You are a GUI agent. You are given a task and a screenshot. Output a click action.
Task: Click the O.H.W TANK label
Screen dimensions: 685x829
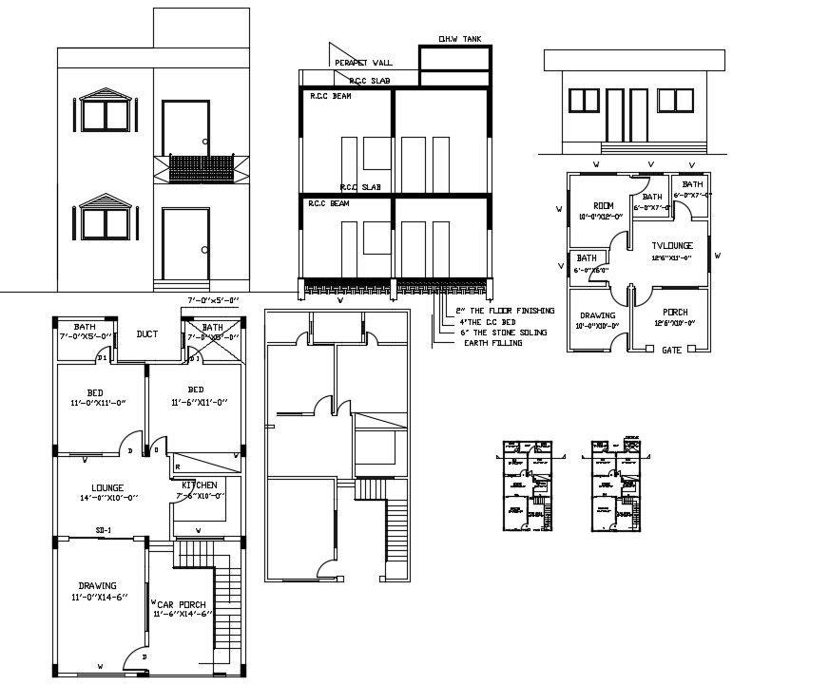[x=459, y=39]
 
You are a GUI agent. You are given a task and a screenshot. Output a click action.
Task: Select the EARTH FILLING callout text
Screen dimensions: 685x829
[x=495, y=343]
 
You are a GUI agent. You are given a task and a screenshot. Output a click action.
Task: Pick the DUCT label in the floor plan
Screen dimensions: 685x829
[x=146, y=334]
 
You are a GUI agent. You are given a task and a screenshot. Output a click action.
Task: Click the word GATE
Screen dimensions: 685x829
[x=670, y=350]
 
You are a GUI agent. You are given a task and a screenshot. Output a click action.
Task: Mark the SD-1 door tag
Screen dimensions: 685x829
[x=105, y=530]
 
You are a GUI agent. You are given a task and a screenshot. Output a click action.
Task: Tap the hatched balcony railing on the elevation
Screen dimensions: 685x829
[x=201, y=169]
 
